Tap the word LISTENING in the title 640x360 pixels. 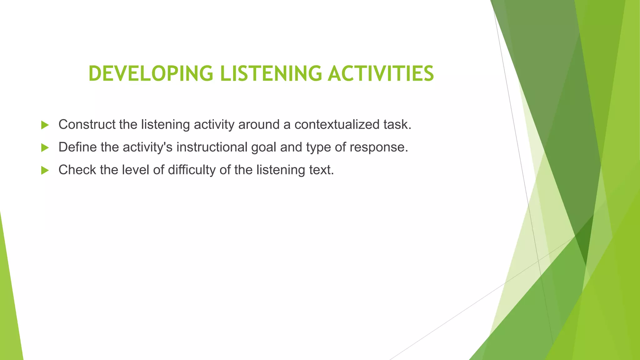(x=271, y=74)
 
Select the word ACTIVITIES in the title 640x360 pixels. (x=381, y=74)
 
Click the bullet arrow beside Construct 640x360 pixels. (x=45, y=125)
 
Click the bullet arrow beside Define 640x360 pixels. (x=45, y=147)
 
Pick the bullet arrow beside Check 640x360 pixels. (x=45, y=170)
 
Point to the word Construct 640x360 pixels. (x=87, y=124)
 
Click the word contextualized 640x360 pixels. (x=337, y=124)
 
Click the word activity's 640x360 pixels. (x=147, y=147)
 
